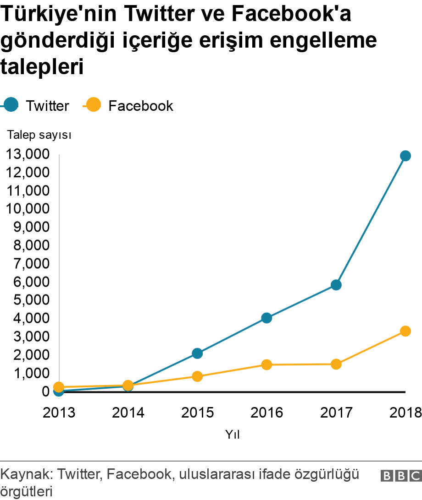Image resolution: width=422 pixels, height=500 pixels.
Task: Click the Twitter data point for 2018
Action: coord(405,156)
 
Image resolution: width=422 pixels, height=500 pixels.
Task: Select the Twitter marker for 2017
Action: coord(336,285)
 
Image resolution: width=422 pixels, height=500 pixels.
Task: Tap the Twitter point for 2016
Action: coord(267,318)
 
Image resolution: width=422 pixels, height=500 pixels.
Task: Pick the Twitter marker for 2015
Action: coord(197,353)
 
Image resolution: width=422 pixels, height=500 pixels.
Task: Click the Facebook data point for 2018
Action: coord(405,331)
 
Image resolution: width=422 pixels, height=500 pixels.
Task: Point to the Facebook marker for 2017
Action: coord(336,364)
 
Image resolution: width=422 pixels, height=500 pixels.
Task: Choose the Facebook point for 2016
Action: coord(267,365)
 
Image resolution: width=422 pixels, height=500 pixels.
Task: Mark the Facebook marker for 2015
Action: coord(197,376)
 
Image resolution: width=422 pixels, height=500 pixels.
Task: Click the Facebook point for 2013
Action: coord(59,387)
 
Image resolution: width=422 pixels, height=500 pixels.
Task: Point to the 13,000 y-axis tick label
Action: coord(27,154)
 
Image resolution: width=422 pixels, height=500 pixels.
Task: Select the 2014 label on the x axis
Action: coord(128,413)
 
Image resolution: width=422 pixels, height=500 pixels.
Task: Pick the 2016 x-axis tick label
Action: coord(267,413)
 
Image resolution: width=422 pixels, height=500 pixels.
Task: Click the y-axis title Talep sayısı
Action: coord(39,135)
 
